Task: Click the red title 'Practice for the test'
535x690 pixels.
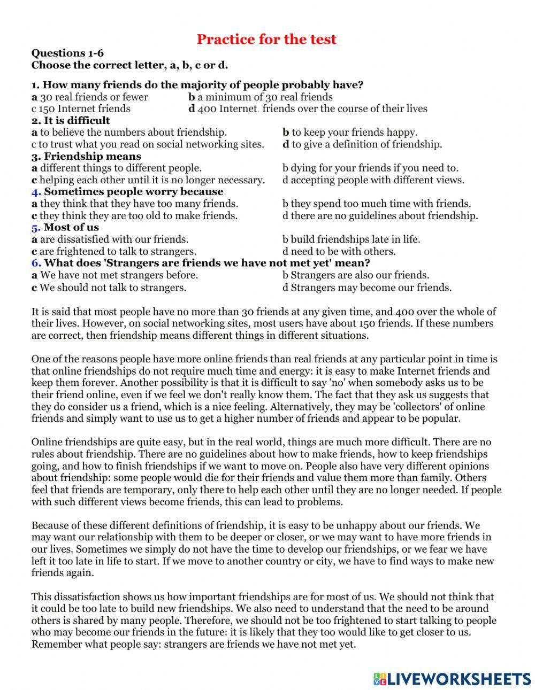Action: click(x=266, y=39)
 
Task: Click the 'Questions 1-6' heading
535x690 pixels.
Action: click(x=67, y=53)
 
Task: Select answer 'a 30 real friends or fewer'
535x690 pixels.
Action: click(x=90, y=97)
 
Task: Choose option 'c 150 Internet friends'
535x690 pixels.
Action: click(x=81, y=108)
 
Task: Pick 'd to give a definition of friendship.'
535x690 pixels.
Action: click(x=362, y=144)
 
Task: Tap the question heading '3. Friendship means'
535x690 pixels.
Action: click(x=86, y=156)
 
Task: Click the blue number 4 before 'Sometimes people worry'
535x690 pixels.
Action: click(x=36, y=191)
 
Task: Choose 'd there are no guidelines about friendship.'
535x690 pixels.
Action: click(x=380, y=216)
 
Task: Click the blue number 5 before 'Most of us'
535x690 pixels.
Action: click(x=36, y=227)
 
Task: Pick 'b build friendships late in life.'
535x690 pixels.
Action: click(x=351, y=239)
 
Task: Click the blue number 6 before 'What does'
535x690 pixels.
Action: click(x=36, y=263)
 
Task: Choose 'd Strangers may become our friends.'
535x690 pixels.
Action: click(x=367, y=288)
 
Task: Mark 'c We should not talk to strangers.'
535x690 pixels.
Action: click(x=109, y=288)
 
